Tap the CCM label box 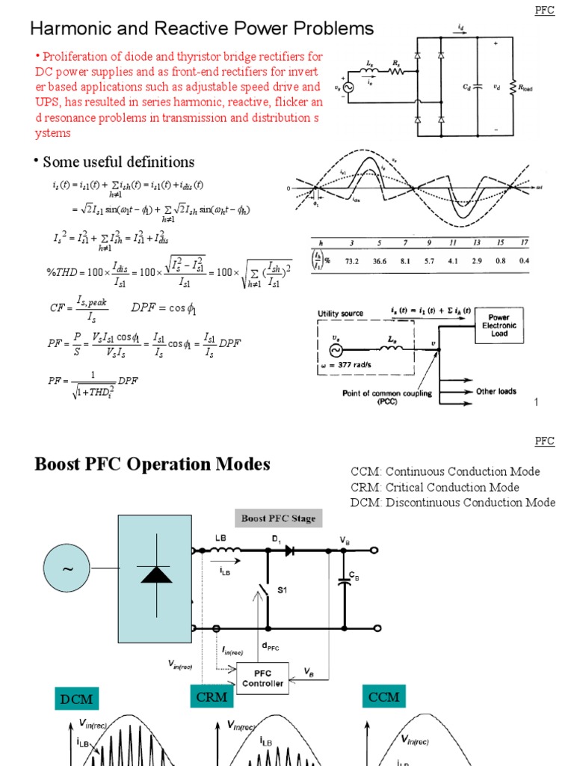point(384,697)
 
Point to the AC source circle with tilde point(68,569)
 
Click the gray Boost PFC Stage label point(277,518)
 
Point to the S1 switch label point(283,590)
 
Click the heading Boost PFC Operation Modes point(152,464)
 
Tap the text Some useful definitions point(118,162)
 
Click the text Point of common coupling point(386,393)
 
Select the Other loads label point(496,391)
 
